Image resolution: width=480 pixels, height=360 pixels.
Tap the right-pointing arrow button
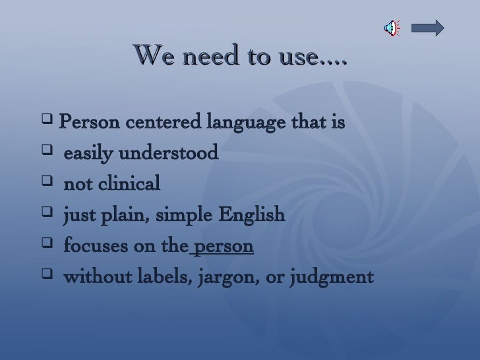click(427, 28)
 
